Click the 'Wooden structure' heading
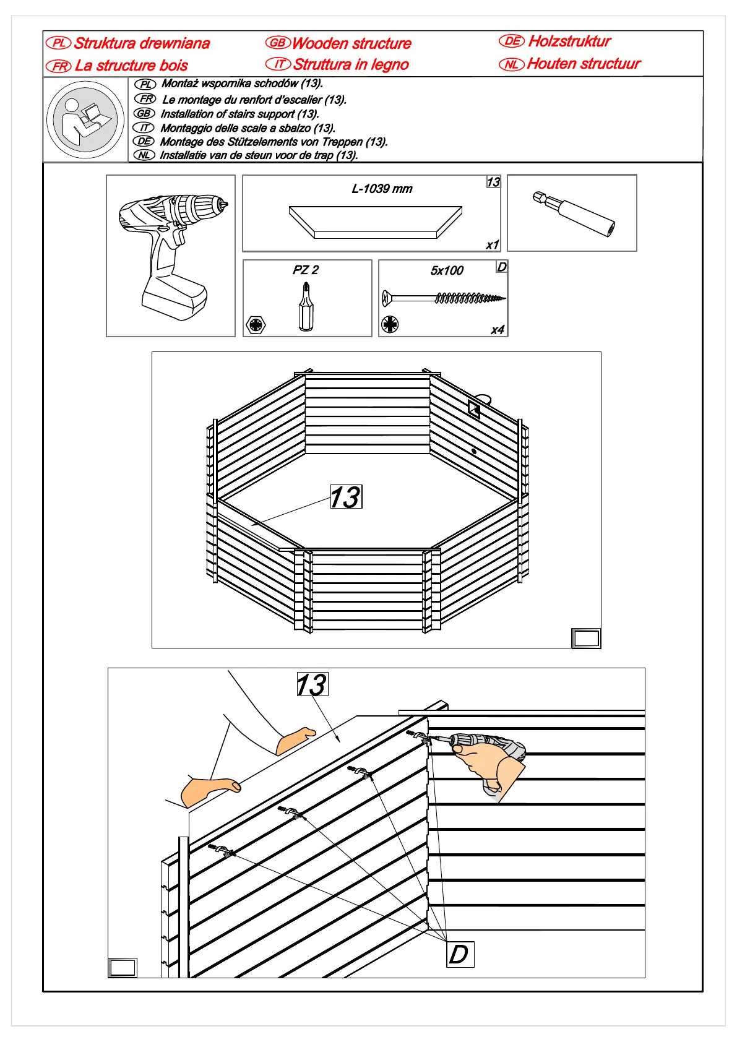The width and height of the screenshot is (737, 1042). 351,43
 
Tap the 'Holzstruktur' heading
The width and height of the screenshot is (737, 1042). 569,41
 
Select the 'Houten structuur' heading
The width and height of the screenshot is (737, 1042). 583,64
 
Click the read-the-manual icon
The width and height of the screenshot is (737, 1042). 85,120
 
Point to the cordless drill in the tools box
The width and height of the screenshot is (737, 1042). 171,254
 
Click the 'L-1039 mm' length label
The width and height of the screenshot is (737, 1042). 382,189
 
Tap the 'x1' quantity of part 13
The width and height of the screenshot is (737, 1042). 492,244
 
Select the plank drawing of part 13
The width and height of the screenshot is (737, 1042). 376,222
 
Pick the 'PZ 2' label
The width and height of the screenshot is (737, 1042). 306,270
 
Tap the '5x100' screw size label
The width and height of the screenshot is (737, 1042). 447,270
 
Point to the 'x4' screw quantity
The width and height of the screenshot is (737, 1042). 498,330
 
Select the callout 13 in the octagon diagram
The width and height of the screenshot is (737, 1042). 346,497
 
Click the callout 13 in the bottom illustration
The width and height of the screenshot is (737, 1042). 312,684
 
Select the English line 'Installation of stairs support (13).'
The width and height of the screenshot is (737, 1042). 239,114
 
